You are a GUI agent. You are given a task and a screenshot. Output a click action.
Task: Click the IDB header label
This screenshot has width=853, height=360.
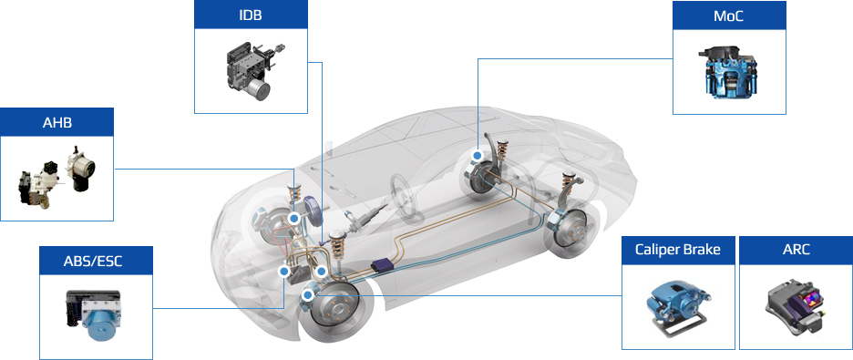click(x=251, y=15)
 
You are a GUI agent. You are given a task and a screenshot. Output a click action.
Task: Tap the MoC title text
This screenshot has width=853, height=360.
click(x=729, y=15)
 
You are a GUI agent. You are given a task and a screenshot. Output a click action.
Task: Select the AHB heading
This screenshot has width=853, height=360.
click(x=57, y=122)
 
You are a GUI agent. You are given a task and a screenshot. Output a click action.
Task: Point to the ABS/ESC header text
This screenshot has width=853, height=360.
click(x=96, y=261)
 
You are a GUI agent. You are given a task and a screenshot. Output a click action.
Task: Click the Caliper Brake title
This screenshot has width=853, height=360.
click(x=678, y=250)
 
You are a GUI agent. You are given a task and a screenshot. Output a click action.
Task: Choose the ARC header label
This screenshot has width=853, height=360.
click(x=796, y=250)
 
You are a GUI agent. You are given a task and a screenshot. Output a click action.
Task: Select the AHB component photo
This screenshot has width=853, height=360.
click(x=57, y=177)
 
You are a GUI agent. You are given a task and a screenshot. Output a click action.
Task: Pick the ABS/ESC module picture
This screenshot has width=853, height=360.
click(x=93, y=314)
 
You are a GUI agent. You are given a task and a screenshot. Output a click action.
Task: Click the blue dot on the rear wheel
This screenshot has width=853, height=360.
click(x=478, y=155)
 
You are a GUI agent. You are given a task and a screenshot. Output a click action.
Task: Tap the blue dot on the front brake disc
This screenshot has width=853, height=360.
click(x=308, y=295)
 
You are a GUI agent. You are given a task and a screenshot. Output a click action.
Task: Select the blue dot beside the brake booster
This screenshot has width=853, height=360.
click(x=293, y=219)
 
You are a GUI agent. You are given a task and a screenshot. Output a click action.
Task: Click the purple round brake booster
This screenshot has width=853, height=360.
click(x=313, y=211)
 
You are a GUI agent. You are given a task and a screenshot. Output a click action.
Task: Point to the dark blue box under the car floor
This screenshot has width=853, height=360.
click(x=384, y=266)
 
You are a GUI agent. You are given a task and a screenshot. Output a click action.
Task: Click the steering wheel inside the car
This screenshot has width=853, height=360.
click(x=407, y=199)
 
